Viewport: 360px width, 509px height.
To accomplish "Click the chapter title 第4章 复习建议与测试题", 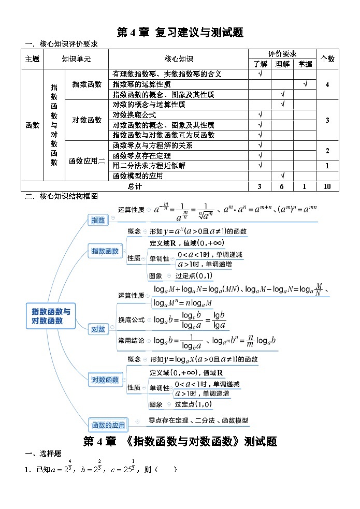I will tap(180, 33).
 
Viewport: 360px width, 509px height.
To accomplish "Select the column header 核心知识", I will tap(179, 59).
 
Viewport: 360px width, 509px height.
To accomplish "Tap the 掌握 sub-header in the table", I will tap(305, 64).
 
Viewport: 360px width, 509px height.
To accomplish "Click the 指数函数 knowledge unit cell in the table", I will tap(87, 84).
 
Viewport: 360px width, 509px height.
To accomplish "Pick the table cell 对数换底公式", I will tap(134, 115).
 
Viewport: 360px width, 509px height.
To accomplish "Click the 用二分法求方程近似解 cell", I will tap(149, 166).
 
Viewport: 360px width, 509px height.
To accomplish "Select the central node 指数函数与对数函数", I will tap(51, 316).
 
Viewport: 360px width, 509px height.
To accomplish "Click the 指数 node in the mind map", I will tap(98, 220).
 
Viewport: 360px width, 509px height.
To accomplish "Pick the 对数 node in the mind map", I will tap(98, 329).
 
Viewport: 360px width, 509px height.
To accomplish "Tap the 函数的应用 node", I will tap(108, 425).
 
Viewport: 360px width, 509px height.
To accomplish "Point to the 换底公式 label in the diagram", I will tap(132, 320).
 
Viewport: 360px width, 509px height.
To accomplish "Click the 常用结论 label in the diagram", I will tap(132, 341).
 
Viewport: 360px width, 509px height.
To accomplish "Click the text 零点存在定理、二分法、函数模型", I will tap(198, 420).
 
